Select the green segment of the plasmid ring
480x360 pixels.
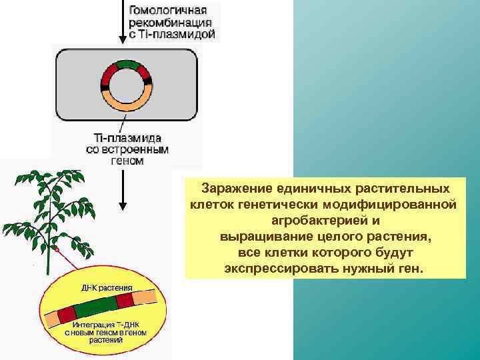(x=125, y=66)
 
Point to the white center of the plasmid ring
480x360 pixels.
(x=125, y=85)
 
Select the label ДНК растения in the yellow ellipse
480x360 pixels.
(x=107, y=287)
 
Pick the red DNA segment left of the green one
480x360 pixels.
(x=67, y=313)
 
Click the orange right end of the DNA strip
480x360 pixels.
(x=152, y=295)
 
